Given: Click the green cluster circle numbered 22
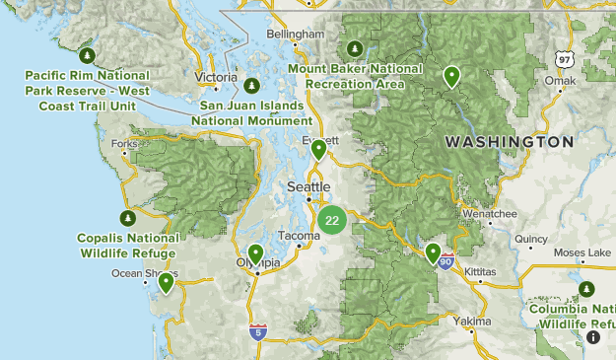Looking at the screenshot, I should (x=332, y=220).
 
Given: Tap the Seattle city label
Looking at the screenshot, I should (x=308, y=186).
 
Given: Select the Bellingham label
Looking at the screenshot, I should (x=295, y=34).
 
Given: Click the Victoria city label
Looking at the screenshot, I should (x=216, y=77).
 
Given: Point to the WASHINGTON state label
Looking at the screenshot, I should (x=509, y=142).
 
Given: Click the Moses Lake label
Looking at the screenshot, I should (x=582, y=252).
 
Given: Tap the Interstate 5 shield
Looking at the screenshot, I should (x=257, y=331).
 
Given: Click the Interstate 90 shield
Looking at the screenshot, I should (x=446, y=262).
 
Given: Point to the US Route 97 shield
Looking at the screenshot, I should (x=564, y=59).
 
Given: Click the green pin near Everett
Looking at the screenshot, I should (x=318, y=150).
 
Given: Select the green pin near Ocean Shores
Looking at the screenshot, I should (x=167, y=283).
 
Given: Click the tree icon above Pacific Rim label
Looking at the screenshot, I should (x=87, y=54).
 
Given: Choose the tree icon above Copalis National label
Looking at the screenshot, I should (x=126, y=218).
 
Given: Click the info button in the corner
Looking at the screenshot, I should (x=593, y=337).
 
